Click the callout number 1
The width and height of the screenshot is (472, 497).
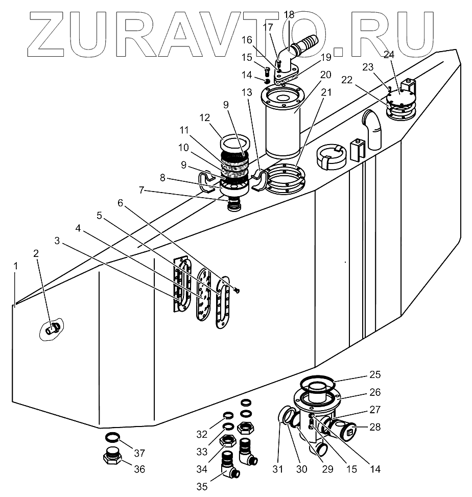point(16,266)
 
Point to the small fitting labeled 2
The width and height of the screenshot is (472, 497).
point(52,329)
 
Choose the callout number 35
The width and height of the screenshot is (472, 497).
point(202,486)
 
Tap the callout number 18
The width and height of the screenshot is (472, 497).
point(289,14)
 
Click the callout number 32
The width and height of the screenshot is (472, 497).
point(203,435)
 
